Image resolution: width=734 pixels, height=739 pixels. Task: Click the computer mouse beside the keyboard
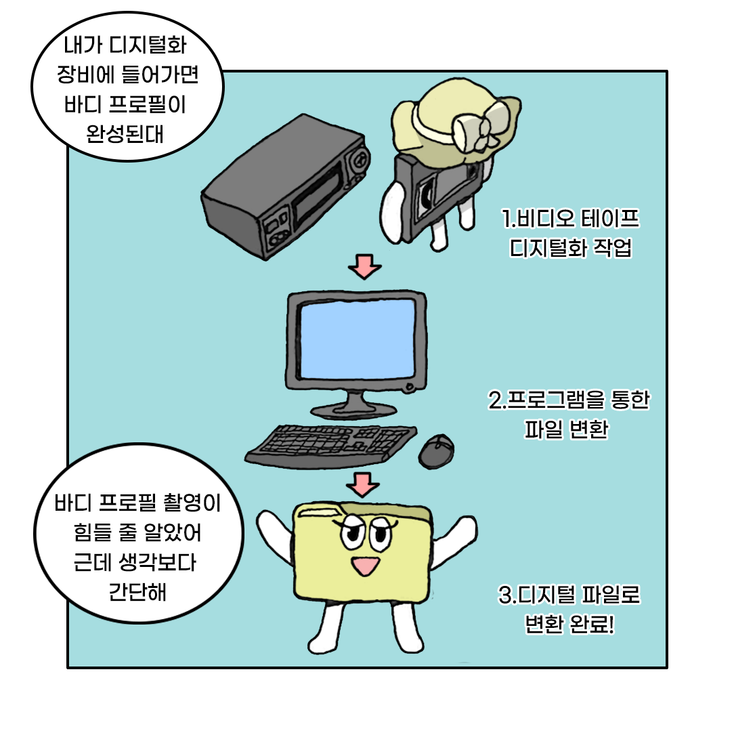point(436,451)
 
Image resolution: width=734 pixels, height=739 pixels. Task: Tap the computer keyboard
point(330,446)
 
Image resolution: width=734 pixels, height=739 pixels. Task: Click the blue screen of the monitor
point(358,339)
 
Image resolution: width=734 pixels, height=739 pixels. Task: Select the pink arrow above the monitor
point(365,267)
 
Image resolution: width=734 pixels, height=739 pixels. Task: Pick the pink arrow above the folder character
point(363,485)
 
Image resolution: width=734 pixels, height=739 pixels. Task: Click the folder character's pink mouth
point(366,566)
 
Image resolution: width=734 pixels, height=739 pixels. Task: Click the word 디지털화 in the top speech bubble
point(148,45)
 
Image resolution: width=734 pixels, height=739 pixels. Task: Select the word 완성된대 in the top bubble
point(125,134)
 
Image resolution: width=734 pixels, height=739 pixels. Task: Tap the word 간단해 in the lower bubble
point(137,592)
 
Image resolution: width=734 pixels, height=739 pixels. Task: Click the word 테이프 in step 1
point(610,219)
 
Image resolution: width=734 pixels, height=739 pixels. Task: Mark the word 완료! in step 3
point(592,624)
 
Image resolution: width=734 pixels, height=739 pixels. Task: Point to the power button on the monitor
point(409,387)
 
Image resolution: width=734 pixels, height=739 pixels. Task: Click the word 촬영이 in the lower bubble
point(192,503)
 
